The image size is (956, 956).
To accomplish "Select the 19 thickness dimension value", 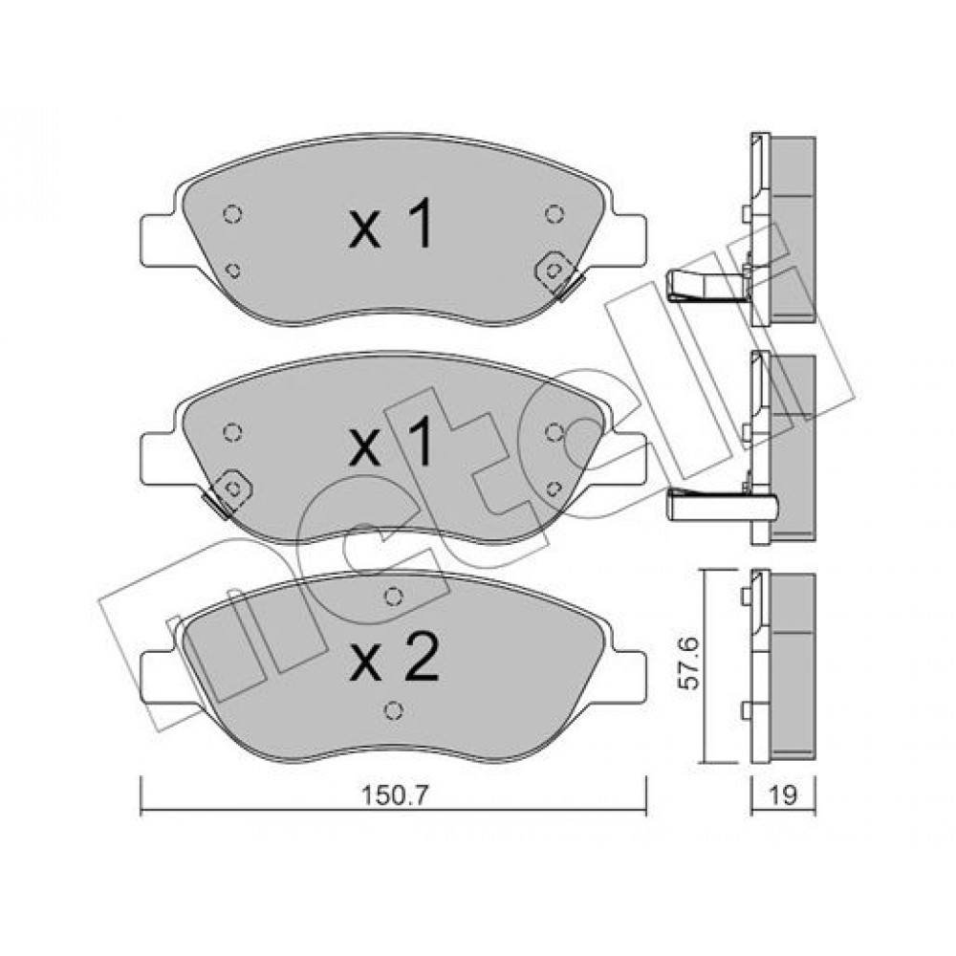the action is point(783,794).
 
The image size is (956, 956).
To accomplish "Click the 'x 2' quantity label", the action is point(394,658).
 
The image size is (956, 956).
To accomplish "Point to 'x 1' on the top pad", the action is point(391,224).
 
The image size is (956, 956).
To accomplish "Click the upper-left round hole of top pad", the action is point(232,214).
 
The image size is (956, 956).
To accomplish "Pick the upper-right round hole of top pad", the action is point(554,214).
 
